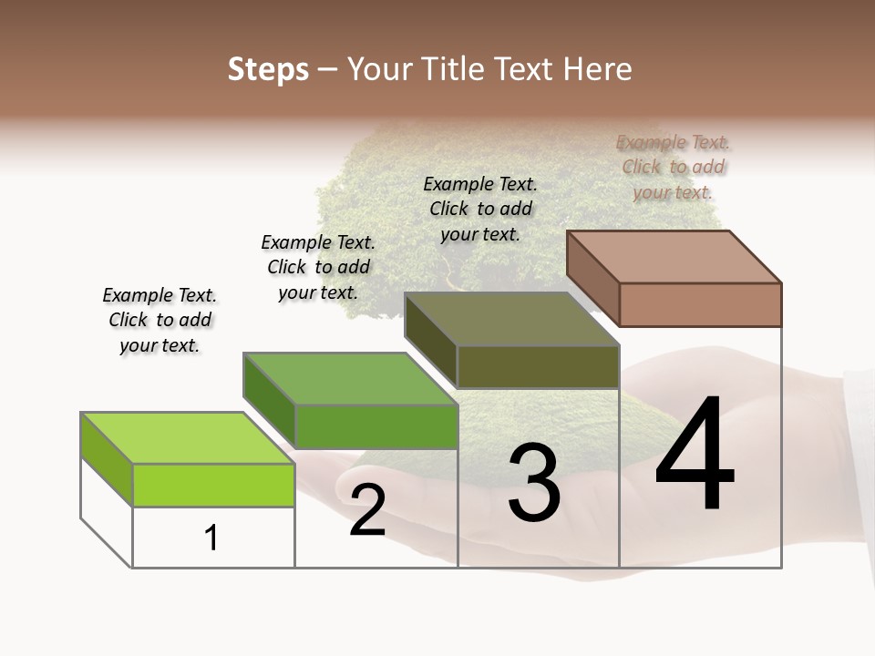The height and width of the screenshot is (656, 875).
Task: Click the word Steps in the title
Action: point(268,69)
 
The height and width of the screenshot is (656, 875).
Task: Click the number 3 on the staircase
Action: point(534,482)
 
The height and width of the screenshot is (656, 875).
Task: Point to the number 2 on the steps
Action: point(367,509)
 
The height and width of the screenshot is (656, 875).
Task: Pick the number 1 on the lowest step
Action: point(211,538)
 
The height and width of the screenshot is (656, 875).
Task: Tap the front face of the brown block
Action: point(700,304)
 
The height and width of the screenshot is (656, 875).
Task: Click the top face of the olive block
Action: point(512,319)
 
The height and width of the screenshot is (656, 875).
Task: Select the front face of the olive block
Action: point(538,366)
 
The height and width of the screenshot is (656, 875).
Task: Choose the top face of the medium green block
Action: point(351,378)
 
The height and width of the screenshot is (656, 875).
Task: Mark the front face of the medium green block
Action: point(376,426)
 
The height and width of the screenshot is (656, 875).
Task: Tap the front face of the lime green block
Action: point(213,485)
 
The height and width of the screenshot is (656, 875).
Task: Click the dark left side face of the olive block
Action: point(430,340)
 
